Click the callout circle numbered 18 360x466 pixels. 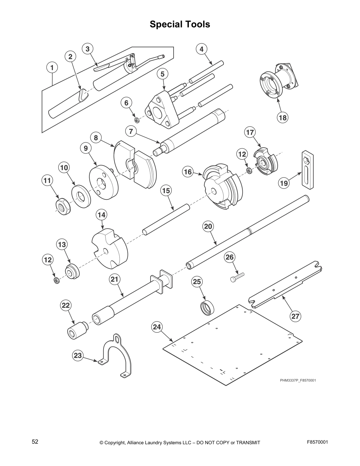point(282,118)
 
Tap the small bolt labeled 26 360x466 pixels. point(237,277)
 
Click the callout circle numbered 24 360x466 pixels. point(157,327)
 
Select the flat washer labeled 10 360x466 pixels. point(81,196)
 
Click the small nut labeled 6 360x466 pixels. point(136,120)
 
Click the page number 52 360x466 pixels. point(35,442)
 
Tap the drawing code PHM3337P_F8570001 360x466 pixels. point(298,380)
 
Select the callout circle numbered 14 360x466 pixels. point(101,215)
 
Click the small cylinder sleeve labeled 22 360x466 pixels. point(77,331)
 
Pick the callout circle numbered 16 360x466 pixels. point(188,172)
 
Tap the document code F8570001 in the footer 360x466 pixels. point(317,442)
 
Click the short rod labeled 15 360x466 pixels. point(166,219)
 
